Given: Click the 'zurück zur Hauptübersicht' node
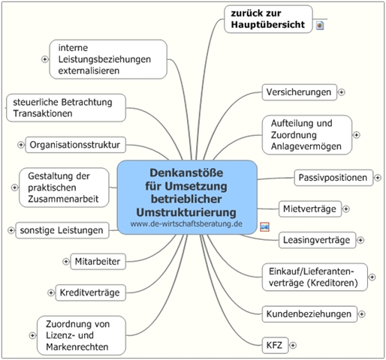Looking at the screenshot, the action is click(x=268, y=19).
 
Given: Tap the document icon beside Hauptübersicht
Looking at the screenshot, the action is click(x=320, y=25).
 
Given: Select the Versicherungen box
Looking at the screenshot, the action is click(x=300, y=92).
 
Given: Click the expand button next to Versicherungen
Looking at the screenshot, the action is click(x=342, y=92).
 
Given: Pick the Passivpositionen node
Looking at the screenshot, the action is click(x=333, y=178).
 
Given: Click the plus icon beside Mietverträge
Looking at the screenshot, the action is click(x=346, y=209).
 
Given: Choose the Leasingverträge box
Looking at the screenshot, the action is click(x=317, y=240).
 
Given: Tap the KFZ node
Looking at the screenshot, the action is click(x=275, y=345).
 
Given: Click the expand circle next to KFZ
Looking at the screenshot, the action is click(x=293, y=345).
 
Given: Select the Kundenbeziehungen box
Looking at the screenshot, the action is click(x=309, y=314).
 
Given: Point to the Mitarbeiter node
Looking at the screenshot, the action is click(x=98, y=262).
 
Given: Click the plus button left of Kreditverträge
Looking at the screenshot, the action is click(x=51, y=292).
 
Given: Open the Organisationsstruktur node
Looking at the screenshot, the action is click(x=75, y=145).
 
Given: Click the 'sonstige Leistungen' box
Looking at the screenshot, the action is click(x=62, y=230).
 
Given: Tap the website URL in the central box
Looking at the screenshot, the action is click(x=186, y=223).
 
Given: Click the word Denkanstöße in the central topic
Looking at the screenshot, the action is click(x=186, y=172).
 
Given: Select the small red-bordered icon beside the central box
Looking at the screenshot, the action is click(x=264, y=226).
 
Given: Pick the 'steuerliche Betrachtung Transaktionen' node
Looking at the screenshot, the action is click(x=66, y=108).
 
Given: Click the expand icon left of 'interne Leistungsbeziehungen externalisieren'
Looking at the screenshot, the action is click(x=45, y=59).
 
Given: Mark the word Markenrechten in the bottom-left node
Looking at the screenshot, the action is click(x=77, y=347).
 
